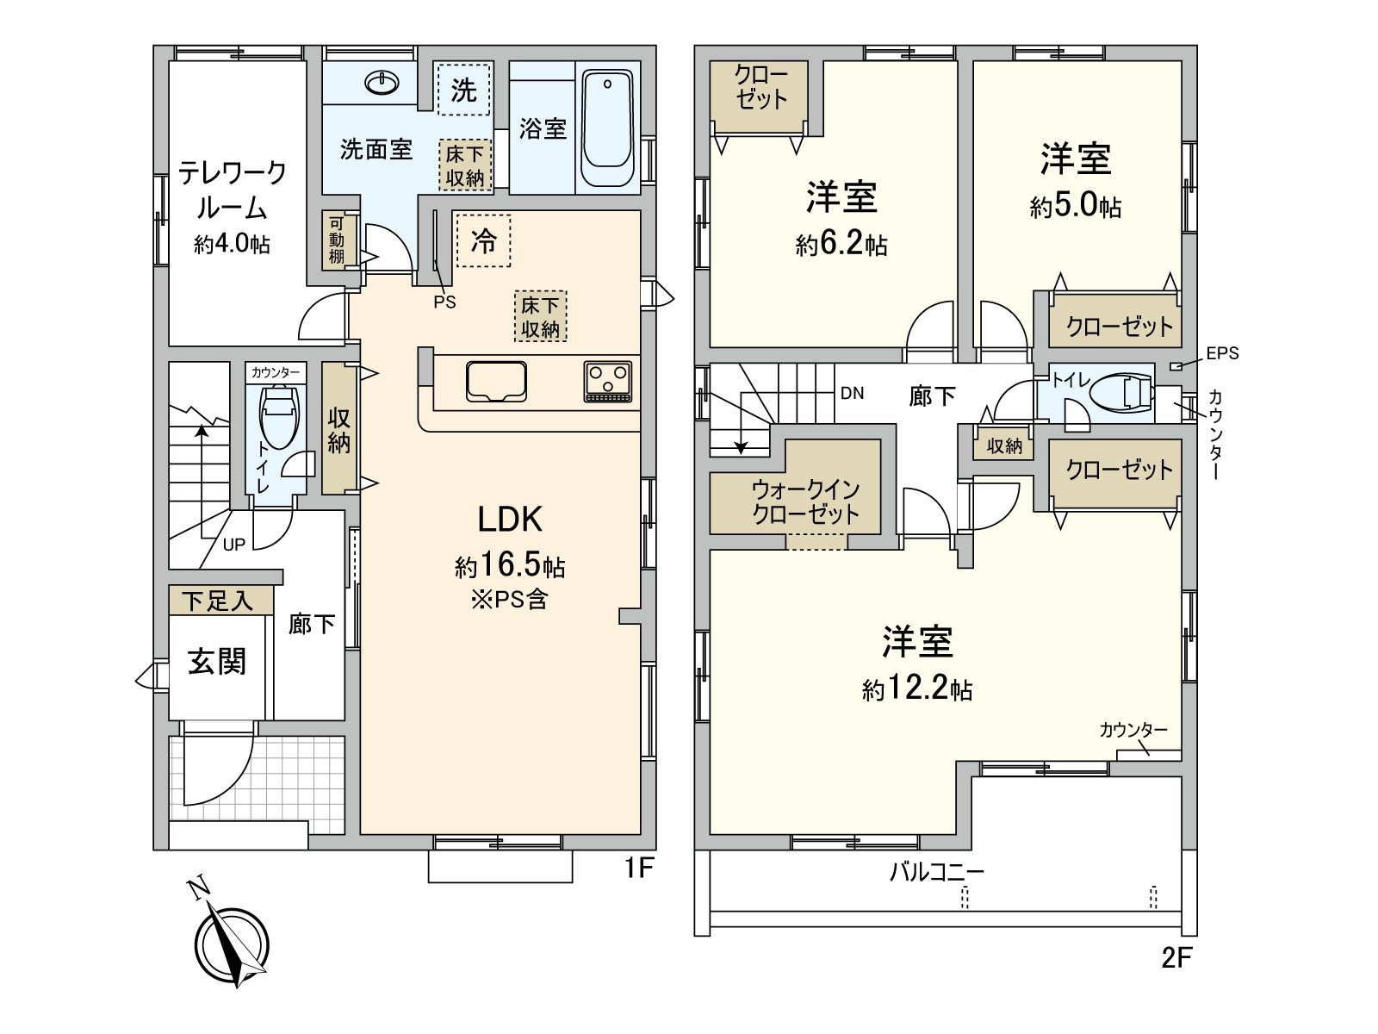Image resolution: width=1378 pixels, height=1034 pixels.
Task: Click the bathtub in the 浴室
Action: pyautogui.click(x=607, y=128)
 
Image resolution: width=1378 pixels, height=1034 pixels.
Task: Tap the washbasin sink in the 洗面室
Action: pyautogui.click(x=382, y=83)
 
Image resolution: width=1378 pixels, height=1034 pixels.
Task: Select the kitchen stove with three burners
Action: pyautogui.click(x=608, y=381)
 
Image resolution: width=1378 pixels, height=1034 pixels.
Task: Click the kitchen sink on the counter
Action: pyautogui.click(x=496, y=381)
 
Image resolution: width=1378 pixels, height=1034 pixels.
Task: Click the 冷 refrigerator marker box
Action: pyautogui.click(x=483, y=241)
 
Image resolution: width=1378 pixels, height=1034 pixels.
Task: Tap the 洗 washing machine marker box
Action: pyautogui.click(x=463, y=89)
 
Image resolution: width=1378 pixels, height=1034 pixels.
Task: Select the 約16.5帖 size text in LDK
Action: pyautogui.click(x=510, y=565)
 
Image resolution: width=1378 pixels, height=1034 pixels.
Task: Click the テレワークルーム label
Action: pyautogui.click(x=233, y=190)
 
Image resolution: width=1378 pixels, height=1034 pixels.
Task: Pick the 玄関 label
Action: pyautogui.click(x=217, y=662)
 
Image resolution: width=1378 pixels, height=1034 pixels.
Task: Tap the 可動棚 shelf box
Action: pyautogui.click(x=336, y=240)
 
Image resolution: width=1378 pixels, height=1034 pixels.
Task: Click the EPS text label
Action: pyautogui.click(x=1222, y=353)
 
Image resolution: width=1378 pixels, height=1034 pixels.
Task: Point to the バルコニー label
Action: pyautogui.click(x=936, y=872)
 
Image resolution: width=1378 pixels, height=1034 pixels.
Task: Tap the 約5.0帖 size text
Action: pyautogui.click(x=1076, y=207)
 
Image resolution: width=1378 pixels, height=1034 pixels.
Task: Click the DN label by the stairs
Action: pyautogui.click(x=852, y=394)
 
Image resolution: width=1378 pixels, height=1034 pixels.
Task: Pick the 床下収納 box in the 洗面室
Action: pyautogui.click(x=465, y=165)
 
